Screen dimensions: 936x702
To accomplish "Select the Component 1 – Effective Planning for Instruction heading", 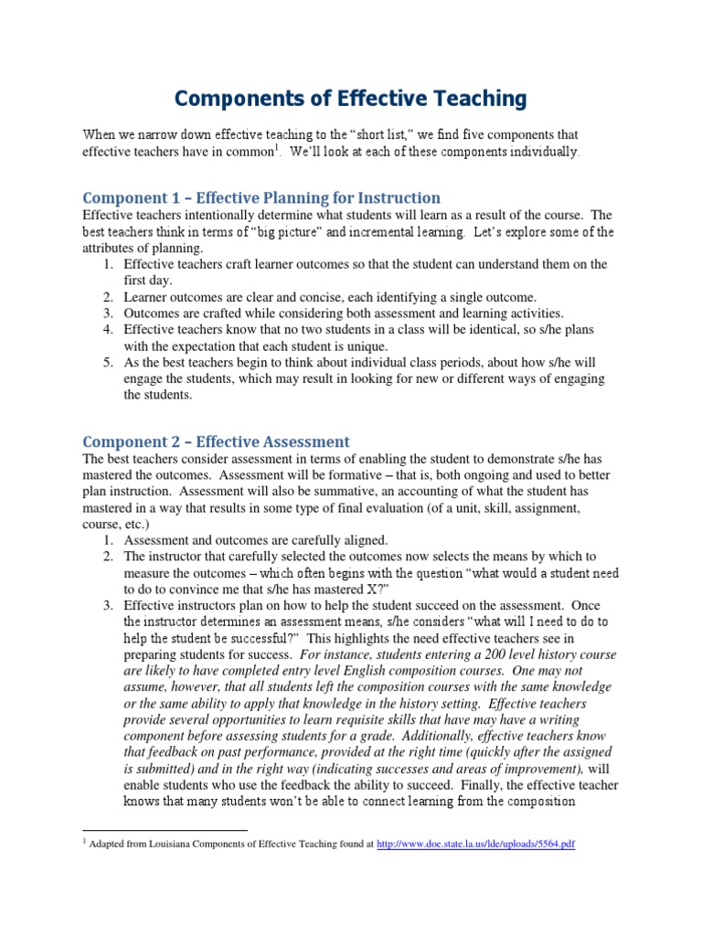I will [x=261, y=197].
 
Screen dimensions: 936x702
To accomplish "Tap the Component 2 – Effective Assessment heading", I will [x=216, y=441].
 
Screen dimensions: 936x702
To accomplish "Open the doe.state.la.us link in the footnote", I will [x=475, y=846].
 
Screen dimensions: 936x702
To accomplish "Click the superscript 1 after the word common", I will [x=277, y=147].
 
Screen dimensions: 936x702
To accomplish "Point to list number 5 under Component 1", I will [x=106, y=361].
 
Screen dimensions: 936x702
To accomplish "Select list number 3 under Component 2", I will [x=106, y=604].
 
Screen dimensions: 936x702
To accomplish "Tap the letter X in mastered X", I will [x=371, y=588].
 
